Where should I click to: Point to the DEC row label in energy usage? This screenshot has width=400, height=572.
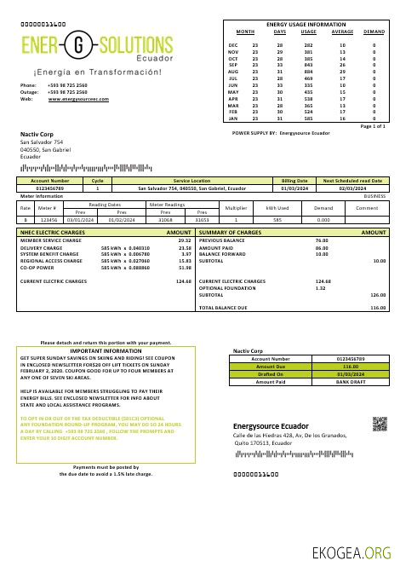coord(233,43)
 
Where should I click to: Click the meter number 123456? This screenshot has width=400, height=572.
coord(48,219)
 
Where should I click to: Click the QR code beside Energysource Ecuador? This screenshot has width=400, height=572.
coord(380,423)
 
